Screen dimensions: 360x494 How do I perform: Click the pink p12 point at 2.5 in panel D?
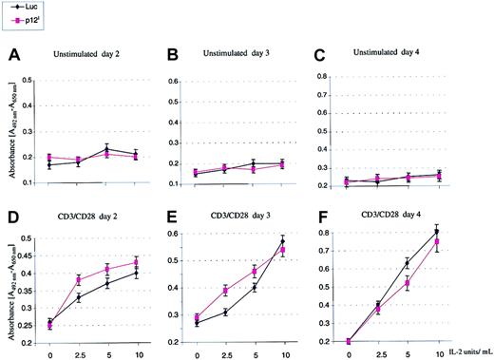coord(79,280)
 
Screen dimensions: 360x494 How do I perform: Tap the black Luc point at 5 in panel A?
coord(107,149)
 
